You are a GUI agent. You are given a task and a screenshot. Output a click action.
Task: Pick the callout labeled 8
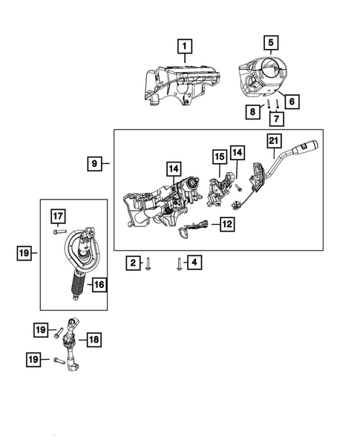point(254,111)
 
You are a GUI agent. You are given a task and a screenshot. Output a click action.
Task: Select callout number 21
point(273,142)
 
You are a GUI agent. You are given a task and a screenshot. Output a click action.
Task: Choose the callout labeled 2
point(131,262)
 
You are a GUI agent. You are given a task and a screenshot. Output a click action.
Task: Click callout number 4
point(194,262)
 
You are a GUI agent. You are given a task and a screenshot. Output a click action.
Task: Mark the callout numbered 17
point(58,216)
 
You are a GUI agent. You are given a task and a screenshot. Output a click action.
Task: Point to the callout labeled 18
point(94,339)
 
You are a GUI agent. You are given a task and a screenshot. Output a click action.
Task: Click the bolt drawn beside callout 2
point(149,263)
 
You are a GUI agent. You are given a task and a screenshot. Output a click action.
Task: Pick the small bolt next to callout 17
point(58,231)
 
